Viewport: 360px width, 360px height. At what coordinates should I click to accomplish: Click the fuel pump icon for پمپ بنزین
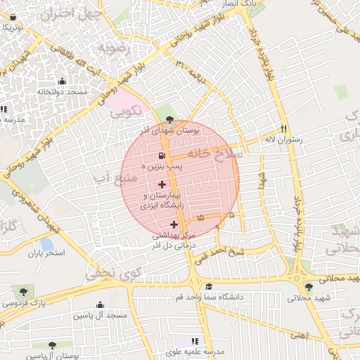(163, 155)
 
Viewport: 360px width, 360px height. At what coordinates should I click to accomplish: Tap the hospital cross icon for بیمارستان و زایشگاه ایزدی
(162, 184)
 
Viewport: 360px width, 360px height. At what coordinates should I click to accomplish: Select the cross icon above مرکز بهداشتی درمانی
(174, 224)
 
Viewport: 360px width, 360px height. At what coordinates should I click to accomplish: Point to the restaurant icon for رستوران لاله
(285, 129)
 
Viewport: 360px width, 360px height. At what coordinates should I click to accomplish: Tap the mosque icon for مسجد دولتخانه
(63, 82)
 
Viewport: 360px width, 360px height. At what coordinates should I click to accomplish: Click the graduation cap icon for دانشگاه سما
(209, 287)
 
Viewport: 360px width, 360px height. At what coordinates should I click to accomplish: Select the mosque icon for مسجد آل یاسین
(100, 305)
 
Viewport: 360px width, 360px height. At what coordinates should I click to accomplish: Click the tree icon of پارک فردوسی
(24, 290)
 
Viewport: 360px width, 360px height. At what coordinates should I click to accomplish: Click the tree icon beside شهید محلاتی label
(308, 287)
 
